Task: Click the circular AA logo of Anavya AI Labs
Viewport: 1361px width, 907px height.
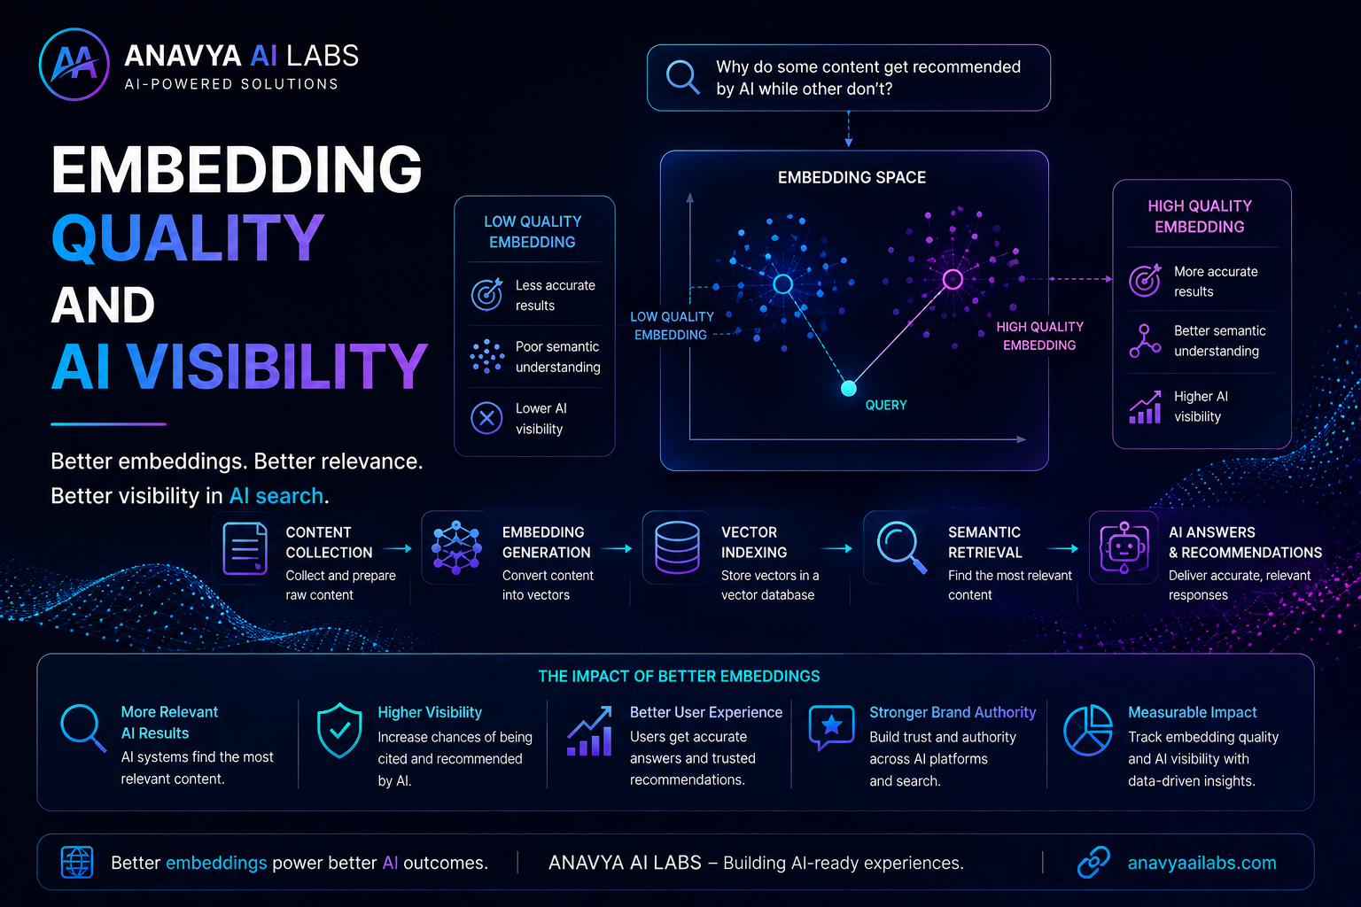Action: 74,65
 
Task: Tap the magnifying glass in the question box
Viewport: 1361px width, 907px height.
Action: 682,76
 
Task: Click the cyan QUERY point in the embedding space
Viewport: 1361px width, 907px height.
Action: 848,388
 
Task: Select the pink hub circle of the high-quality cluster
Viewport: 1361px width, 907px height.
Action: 953,279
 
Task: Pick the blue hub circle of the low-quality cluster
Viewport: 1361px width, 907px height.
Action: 782,283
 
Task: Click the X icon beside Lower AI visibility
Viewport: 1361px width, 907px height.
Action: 486,418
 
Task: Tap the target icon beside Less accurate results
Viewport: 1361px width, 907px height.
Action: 487,294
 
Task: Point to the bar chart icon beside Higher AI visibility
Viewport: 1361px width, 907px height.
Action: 1146,407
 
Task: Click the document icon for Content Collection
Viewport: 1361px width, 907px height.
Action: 245,548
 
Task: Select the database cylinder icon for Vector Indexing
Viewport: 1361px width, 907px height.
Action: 677,547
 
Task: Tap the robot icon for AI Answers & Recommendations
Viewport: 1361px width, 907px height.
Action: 1124,547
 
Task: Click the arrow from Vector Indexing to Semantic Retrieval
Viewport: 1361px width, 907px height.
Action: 836,548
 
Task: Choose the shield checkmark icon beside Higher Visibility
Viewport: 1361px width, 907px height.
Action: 339,730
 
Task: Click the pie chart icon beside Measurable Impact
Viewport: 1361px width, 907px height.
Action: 1088,730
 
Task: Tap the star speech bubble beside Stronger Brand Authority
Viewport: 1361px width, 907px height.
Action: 832,727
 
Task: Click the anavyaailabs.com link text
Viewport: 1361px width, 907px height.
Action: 1202,863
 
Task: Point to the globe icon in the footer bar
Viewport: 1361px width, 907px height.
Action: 77,862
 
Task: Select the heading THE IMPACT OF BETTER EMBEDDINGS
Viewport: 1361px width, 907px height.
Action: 679,676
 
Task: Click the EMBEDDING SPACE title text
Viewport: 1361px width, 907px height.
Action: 852,177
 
